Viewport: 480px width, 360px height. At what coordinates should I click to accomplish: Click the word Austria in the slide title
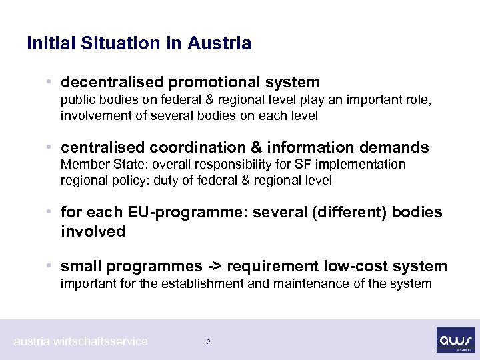pyautogui.click(x=219, y=44)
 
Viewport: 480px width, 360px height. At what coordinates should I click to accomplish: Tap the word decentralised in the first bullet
pyautogui.click(x=112, y=82)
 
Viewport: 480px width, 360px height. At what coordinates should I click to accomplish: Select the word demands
pyautogui.click(x=397, y=147)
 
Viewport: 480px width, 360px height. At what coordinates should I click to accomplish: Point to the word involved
pyautogui.click(x=93, y=231)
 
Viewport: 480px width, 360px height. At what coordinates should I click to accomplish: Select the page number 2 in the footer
pyautogui.click(x=208, y=342)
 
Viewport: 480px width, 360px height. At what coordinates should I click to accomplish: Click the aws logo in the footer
pyautogui.click(x=455, y=339)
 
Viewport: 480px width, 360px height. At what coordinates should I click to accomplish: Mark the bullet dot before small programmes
pyautogui.click(x=51, y=267)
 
